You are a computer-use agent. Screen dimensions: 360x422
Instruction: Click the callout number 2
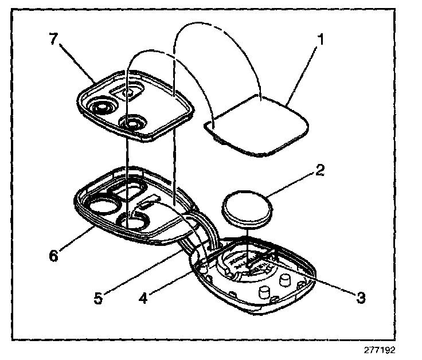(x=319, y=170)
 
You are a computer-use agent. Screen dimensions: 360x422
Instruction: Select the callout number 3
(x=360, y=296)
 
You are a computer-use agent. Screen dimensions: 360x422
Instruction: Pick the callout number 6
(x=54, y=255)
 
